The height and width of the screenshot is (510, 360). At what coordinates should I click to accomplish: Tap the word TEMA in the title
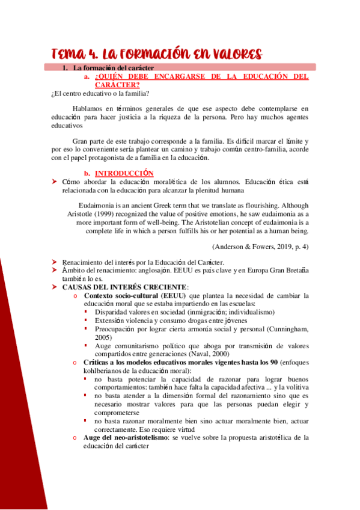point(67,54)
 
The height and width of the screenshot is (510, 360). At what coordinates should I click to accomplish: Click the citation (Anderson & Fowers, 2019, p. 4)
point(260,247)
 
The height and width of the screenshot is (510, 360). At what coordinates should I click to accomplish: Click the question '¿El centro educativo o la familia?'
point(100,93)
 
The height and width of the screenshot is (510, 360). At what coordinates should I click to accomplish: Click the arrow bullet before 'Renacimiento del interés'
point(55,262)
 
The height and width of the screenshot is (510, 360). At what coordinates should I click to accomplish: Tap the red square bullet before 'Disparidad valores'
point(85,312)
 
